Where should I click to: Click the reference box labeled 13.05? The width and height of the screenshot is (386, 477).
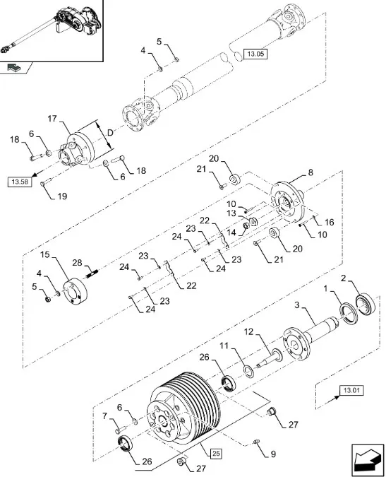pos(255,54)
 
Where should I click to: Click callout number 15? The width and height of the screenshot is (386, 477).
pos(45,254)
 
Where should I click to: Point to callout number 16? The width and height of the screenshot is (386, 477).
pos(328,222)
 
